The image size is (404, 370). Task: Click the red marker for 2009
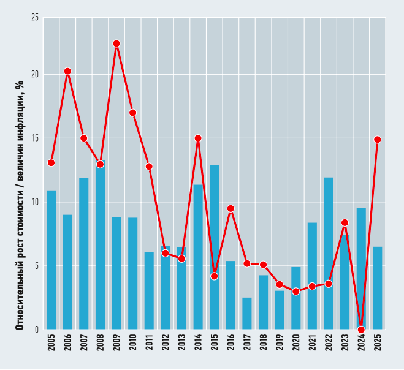116,43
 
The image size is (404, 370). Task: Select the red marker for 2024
361,330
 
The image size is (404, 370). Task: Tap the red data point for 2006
67,71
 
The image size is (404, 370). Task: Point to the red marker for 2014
198,138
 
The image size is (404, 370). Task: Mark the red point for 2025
378,140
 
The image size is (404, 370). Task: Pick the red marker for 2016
231,208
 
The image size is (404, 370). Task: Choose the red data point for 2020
296,292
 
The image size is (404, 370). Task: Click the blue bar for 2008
100,245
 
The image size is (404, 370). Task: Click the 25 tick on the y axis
35,18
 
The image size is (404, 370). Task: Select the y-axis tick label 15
35,138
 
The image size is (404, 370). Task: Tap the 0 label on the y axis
37,330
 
